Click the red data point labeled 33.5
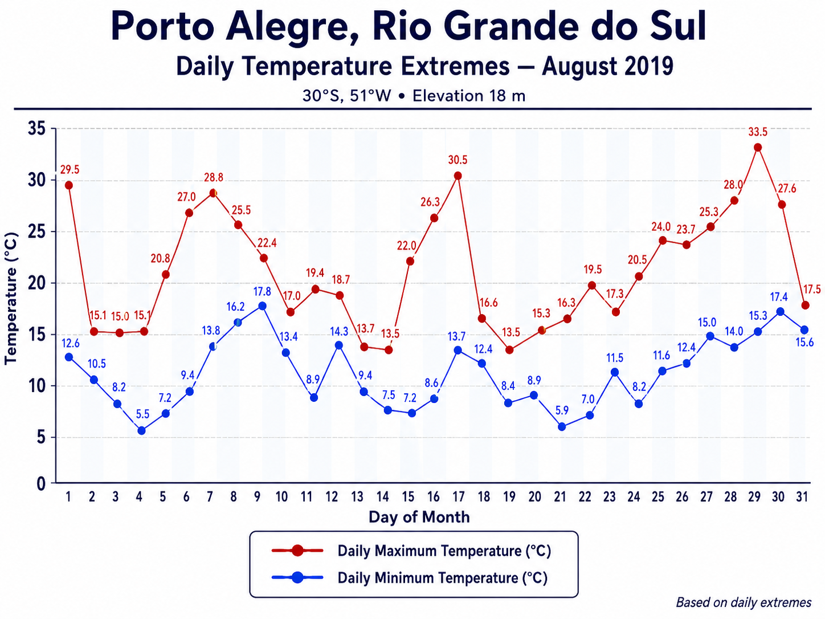(758, 147)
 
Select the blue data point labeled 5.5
(141, 431)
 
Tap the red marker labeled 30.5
(458, 176)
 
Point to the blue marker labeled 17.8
(262, 306)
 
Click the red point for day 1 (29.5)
(69, 185)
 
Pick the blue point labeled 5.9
(562, 426)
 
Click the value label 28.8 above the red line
(214, 177)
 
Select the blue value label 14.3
(340, 332)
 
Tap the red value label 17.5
(812, 290)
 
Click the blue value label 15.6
(804, 343)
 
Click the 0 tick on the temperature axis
(41, 484)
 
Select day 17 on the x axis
(458, 497)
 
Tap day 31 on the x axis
(802, 497)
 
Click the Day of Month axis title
(419, 518)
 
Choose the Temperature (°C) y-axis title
(11, 299)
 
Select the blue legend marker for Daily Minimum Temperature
(297, 577)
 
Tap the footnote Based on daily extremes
(744, 602)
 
